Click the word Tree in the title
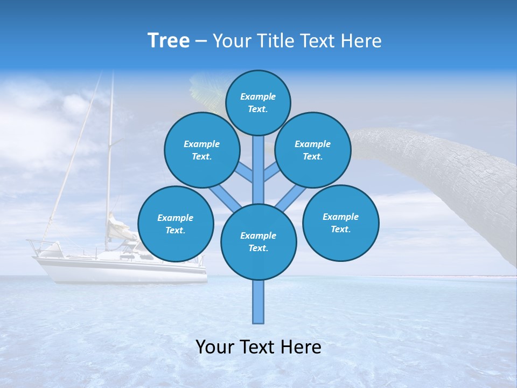point(169,41)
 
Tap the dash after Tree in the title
point(201,41)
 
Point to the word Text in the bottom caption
point(258,347)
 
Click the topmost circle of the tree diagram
point(258,102)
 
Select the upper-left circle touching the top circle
point(201,150)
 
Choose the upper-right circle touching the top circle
point(312,150)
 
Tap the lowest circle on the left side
point(176,224)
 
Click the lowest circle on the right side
point(340,223)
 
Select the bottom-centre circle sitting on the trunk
point(258,242)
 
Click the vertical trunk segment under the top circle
point(258,167)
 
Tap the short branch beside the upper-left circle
point(244,173)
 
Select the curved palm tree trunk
point(442,172)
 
